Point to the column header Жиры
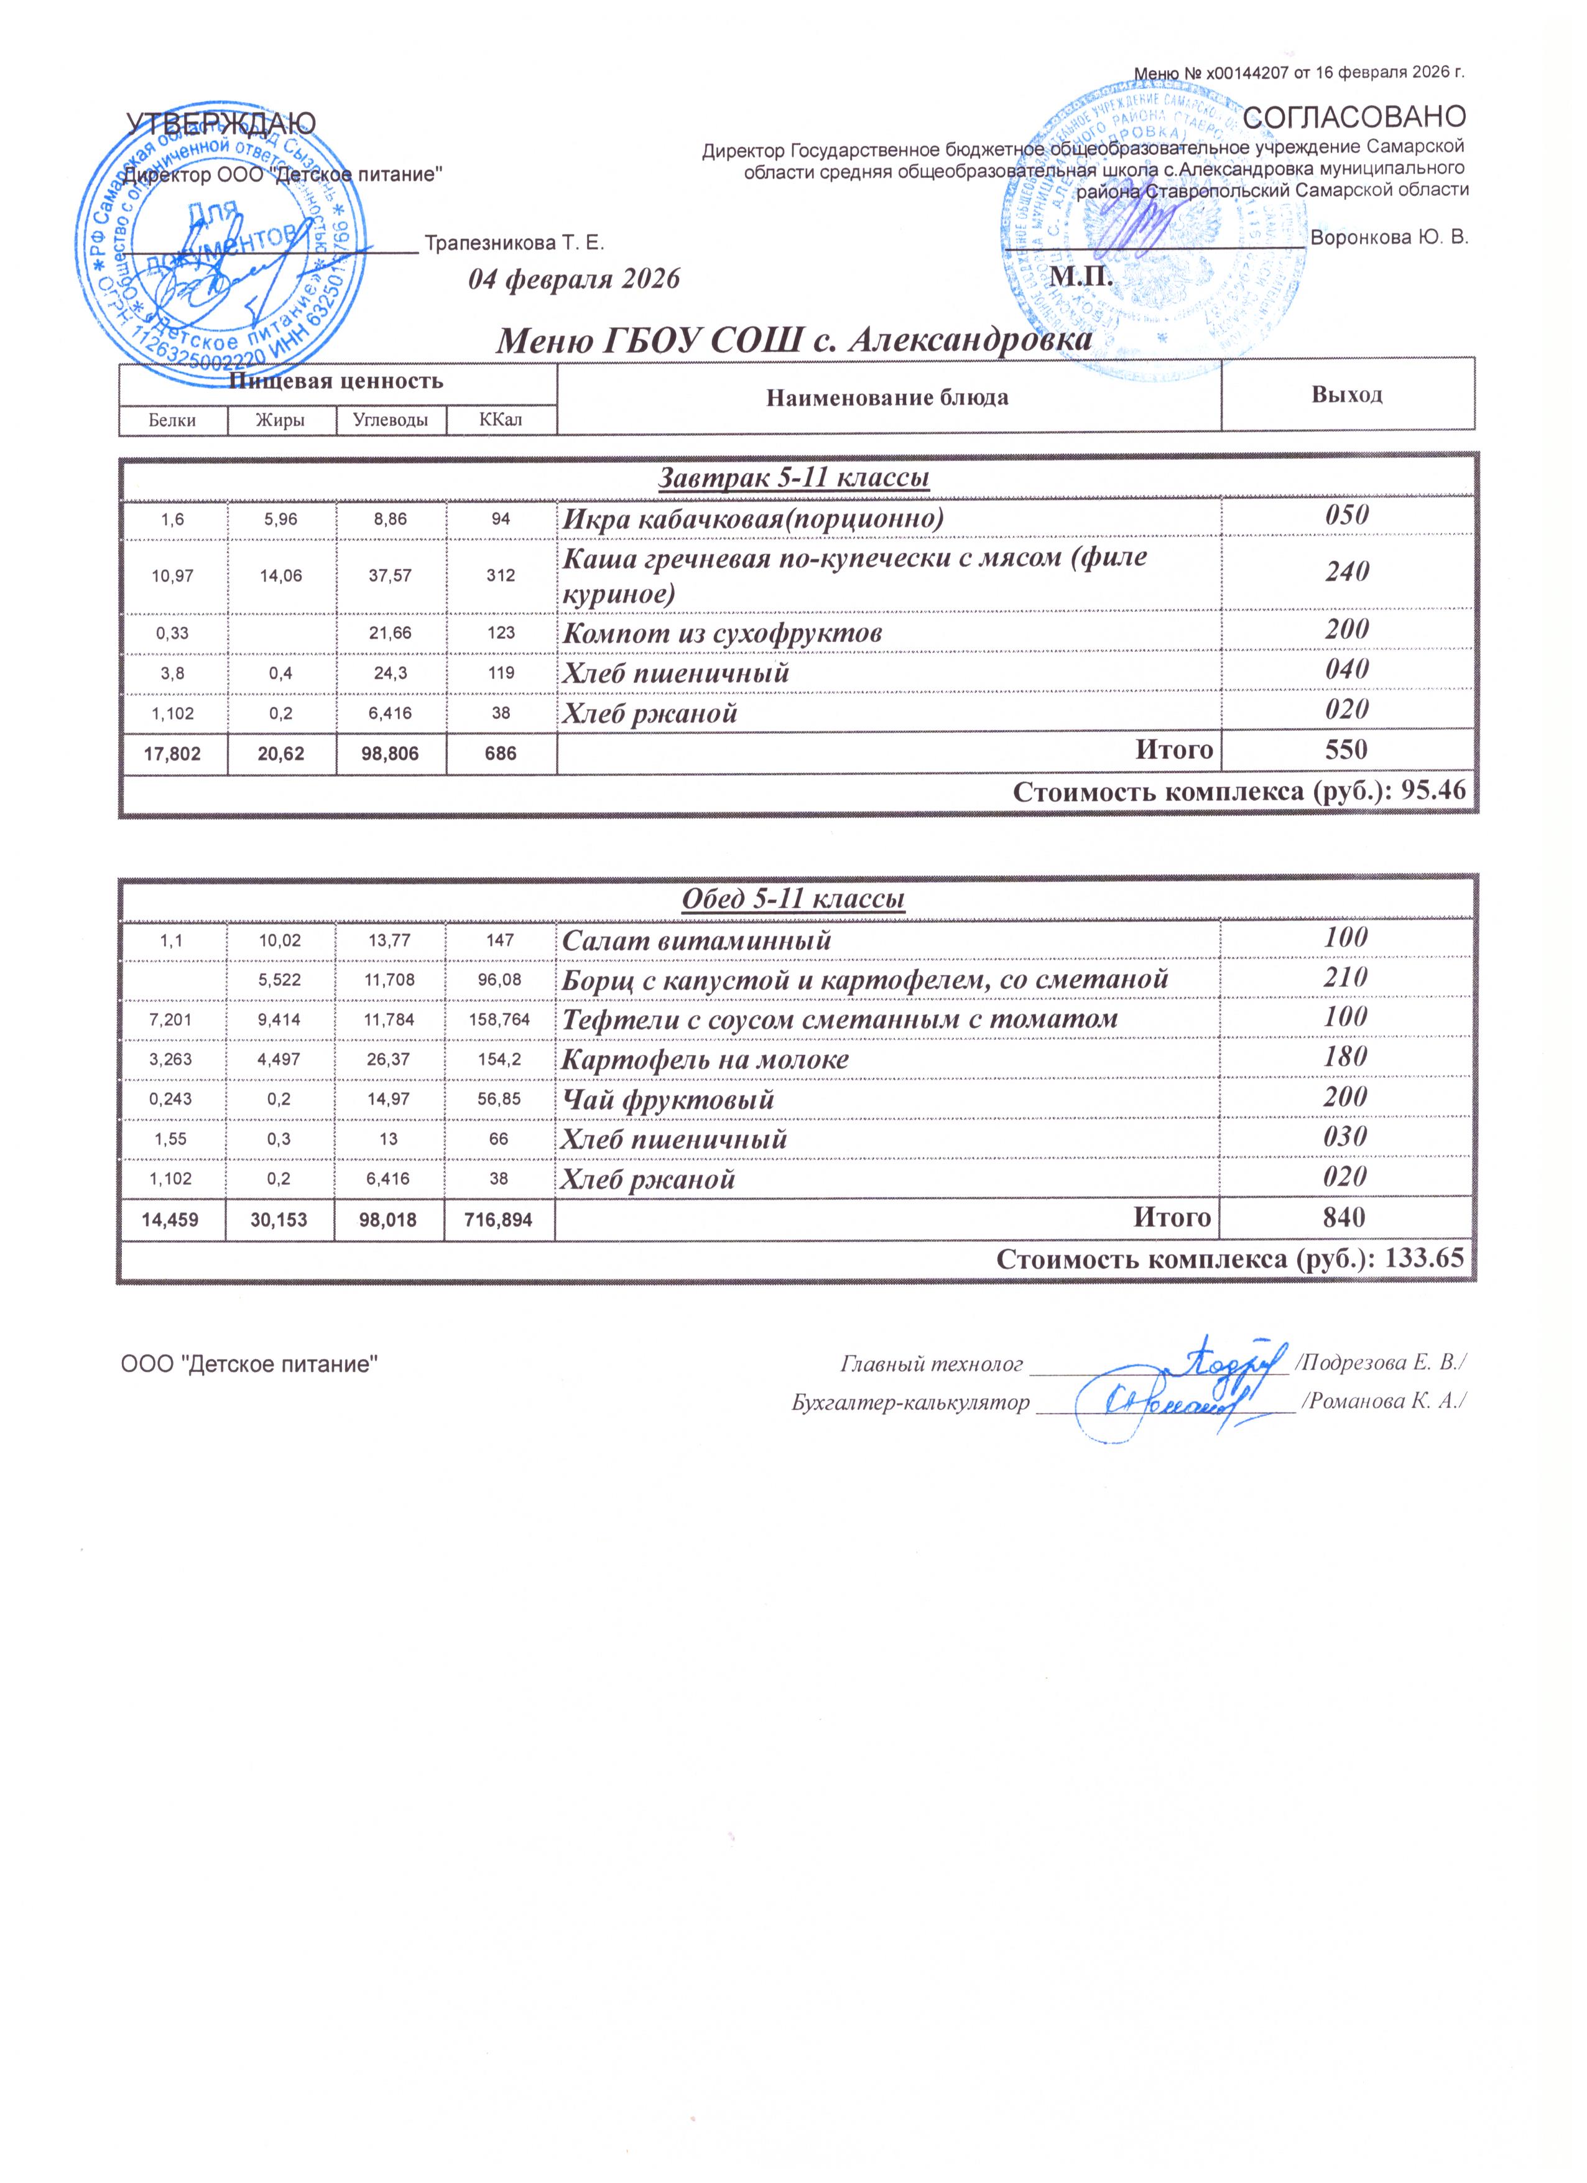click(x=281, y=420)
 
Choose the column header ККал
click(x=501, y=420)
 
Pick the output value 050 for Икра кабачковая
click(x=1346, y=516)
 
